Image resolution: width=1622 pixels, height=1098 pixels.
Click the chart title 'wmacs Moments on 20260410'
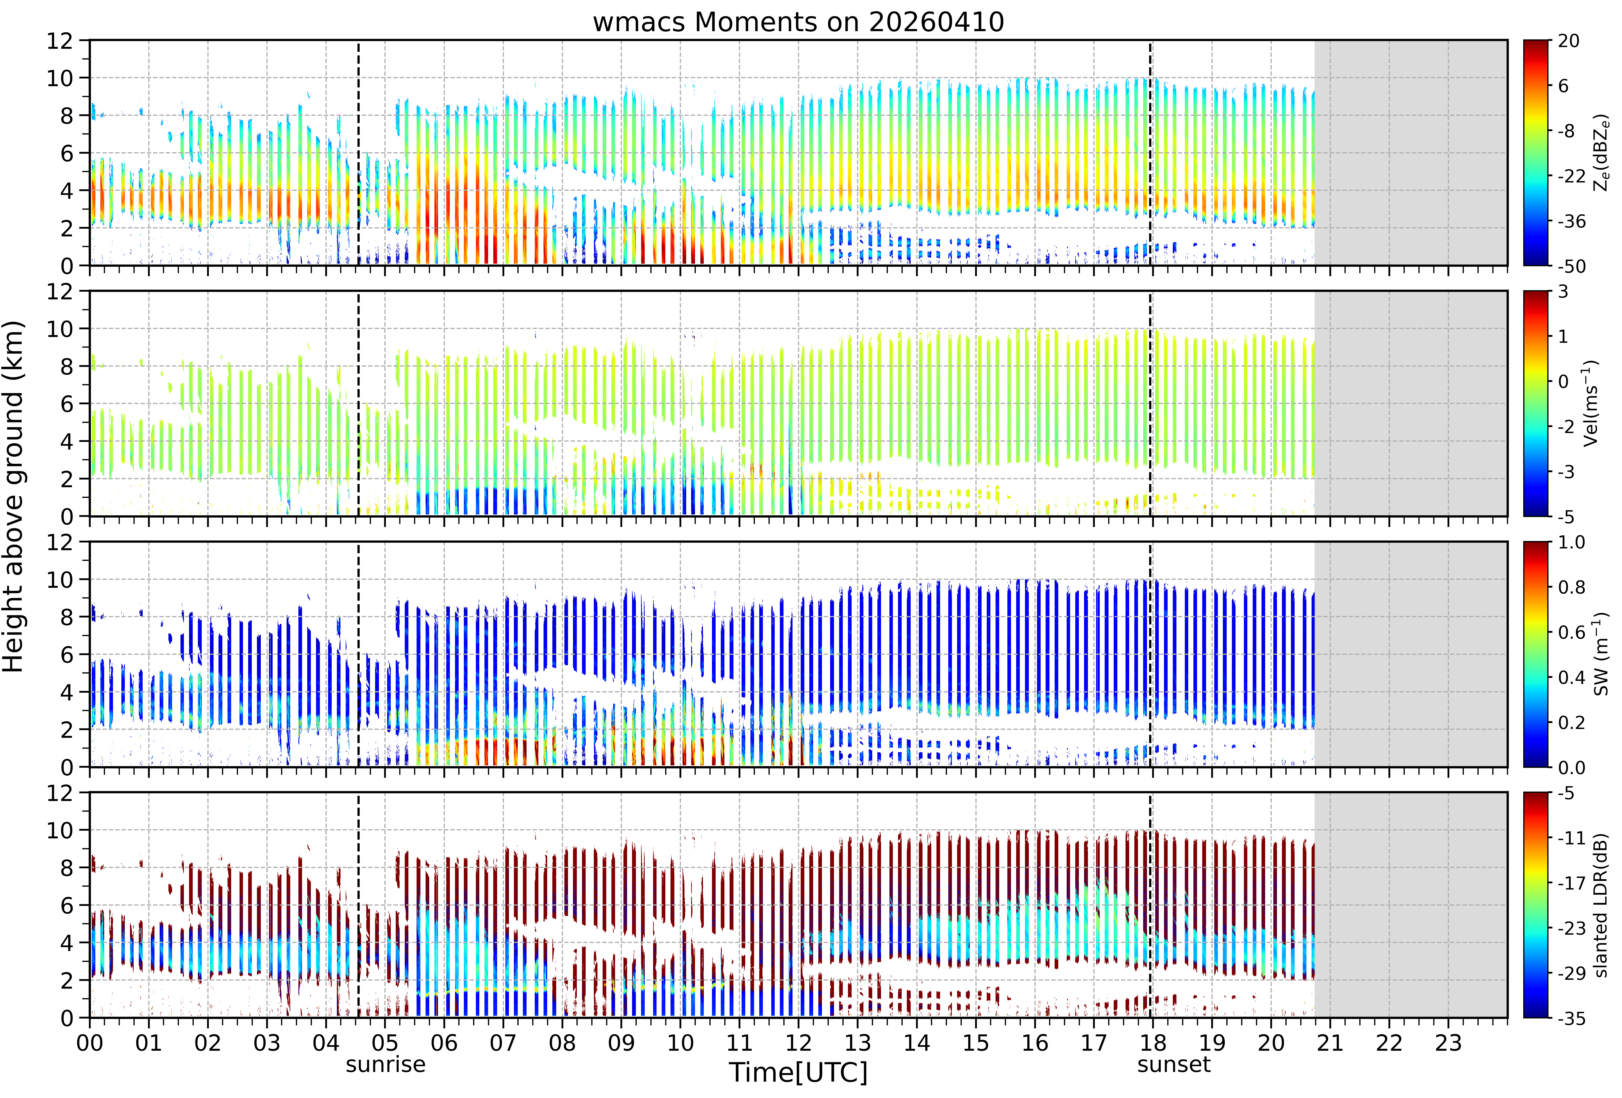tap(799, 22)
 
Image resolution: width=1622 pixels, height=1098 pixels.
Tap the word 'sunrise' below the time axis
tap(385, 1064)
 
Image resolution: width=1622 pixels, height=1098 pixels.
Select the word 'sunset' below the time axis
tap(1174, 1064)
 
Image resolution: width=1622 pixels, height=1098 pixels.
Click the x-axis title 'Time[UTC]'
tap(799, 1072)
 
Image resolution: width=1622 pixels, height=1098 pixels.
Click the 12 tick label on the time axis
tap(799, 1043)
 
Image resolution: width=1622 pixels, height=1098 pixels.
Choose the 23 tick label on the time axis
tap(1448, 1043)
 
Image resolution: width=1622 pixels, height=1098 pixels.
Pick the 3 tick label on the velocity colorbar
tap(1563, 292)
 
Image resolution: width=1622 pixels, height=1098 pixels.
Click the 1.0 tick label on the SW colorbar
tap(1572, 542)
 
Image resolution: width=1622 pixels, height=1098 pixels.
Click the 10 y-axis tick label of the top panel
tap(60, 78)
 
